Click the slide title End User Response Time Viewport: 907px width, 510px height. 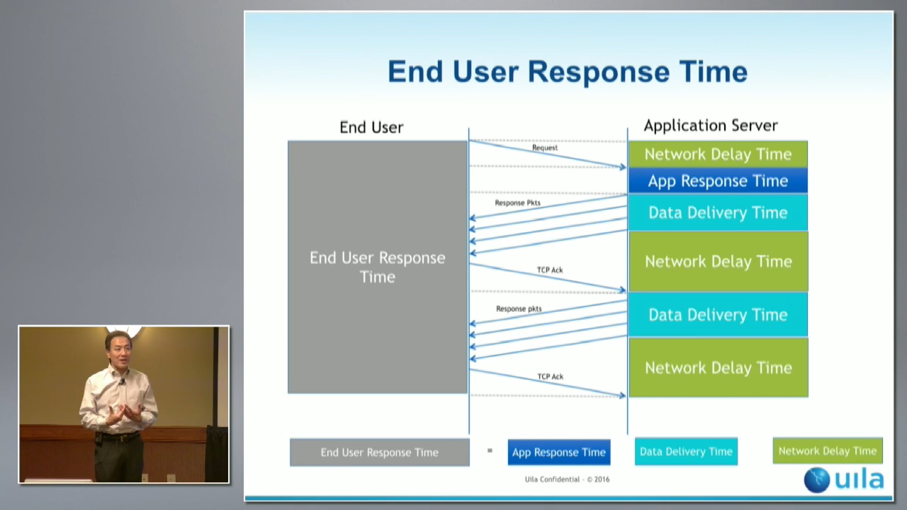(567, 72)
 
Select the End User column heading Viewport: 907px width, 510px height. (371, 127)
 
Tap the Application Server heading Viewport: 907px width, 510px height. (710, 125)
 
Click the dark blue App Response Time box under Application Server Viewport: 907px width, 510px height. (718, 181)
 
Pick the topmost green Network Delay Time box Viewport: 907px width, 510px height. (718, 154)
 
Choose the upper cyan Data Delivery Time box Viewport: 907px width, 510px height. (718, 213)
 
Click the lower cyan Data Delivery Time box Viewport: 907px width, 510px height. (718, 315)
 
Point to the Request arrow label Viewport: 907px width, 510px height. (545, 148)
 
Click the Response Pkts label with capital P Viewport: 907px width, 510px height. (518, 203)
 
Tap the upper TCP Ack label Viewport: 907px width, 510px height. (550, 270)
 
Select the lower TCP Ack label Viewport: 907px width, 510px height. (550, 377)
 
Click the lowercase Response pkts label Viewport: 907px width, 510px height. (519, 309)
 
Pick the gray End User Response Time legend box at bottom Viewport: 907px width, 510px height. (379, 452)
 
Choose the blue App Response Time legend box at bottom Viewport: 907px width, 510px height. (559, 452)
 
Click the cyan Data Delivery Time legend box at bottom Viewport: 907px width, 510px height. (686, 451)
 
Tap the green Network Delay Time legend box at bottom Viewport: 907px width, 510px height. (828, 451)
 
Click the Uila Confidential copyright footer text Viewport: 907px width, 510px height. (567, 479)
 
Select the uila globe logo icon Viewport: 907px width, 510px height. (817, 480)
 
